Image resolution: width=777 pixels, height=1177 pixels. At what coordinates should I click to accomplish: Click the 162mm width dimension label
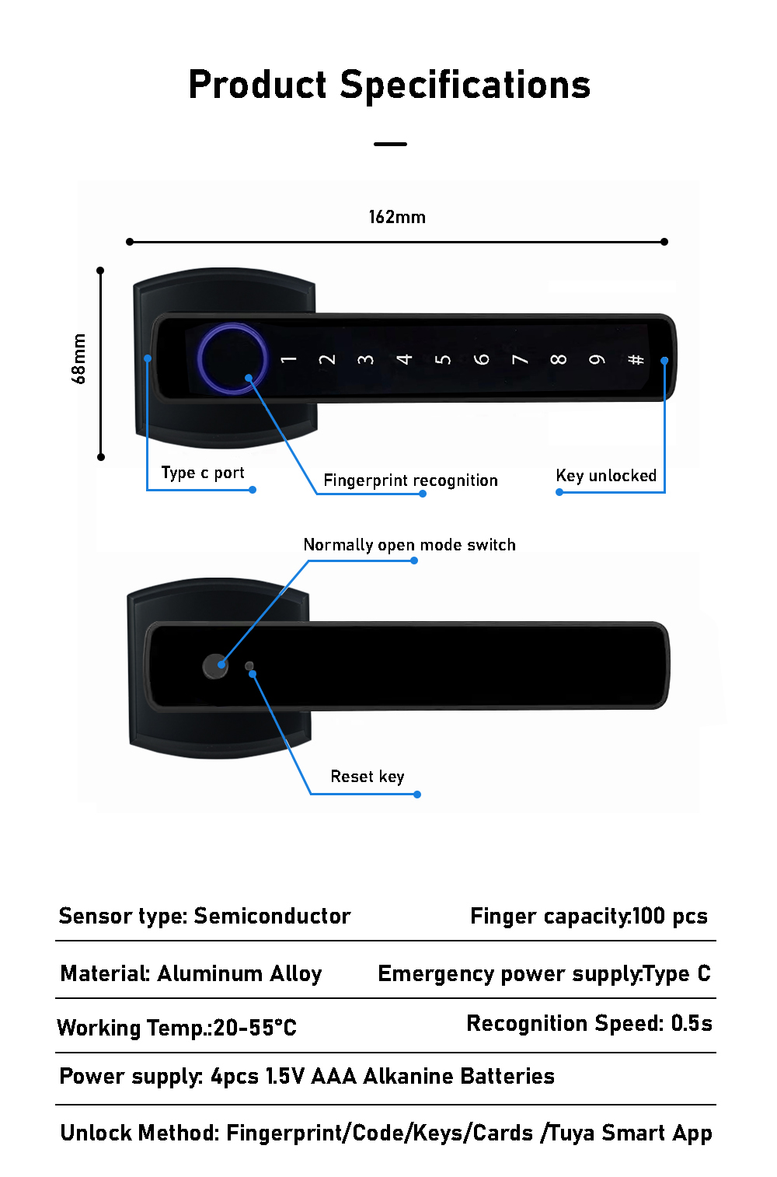coord(397,217)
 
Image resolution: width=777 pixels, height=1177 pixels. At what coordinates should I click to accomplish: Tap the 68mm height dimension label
coord(78,359)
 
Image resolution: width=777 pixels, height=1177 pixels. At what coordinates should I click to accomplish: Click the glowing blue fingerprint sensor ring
coord(232,359)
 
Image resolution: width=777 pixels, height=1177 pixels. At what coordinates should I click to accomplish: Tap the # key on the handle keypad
coord(636,359)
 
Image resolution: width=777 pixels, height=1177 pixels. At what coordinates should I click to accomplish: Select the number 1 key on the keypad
coord(288,359)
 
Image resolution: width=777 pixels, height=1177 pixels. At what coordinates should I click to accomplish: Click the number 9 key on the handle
coord(597,359)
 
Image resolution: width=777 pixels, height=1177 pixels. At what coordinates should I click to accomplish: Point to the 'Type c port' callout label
coord(203,473)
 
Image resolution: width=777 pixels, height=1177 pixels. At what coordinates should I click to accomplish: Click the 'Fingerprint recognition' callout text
coord(410,480)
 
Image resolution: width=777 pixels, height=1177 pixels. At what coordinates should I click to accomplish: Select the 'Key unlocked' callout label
coord(606,476)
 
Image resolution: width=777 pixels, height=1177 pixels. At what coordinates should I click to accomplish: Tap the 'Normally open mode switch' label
coord(409,545)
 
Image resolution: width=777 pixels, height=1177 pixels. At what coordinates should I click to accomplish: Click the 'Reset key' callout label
coord(368,777)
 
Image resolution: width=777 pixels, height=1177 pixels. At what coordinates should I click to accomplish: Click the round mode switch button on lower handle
coord(215,665)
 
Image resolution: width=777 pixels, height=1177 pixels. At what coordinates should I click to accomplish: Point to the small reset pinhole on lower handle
coord(249,666)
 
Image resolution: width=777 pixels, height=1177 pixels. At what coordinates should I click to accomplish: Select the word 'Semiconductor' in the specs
coord(272,916)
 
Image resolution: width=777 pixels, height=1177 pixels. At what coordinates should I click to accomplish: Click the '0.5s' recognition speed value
coord(692,1023)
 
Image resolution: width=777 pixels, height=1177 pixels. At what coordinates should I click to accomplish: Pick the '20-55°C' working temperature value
coord(255,1028)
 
